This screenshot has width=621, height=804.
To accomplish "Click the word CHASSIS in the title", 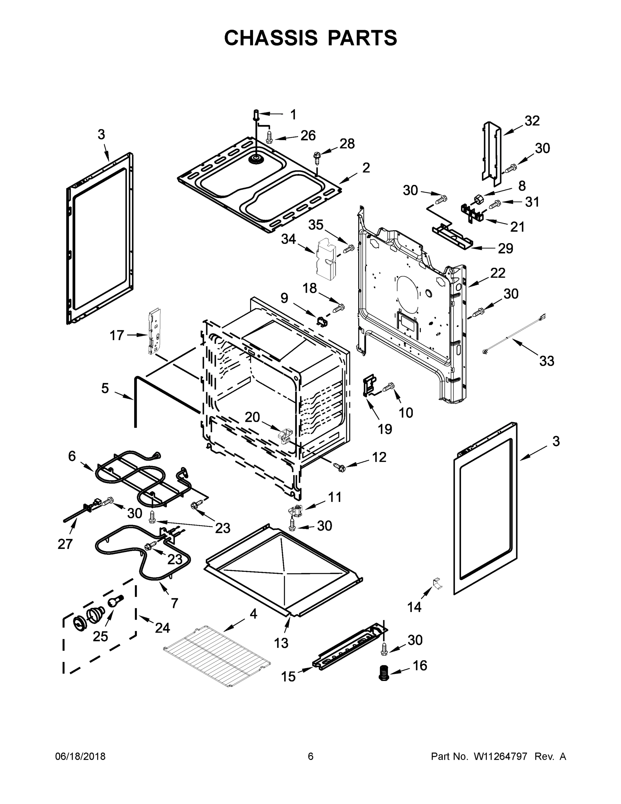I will tap(271, 38).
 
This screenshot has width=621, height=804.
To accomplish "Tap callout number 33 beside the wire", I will tap(546, 361).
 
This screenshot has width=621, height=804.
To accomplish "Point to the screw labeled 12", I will tap(338, 468).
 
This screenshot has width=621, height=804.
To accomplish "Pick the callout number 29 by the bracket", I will tap(505, 249).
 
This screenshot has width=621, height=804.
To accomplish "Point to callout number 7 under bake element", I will tap(174, 603).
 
